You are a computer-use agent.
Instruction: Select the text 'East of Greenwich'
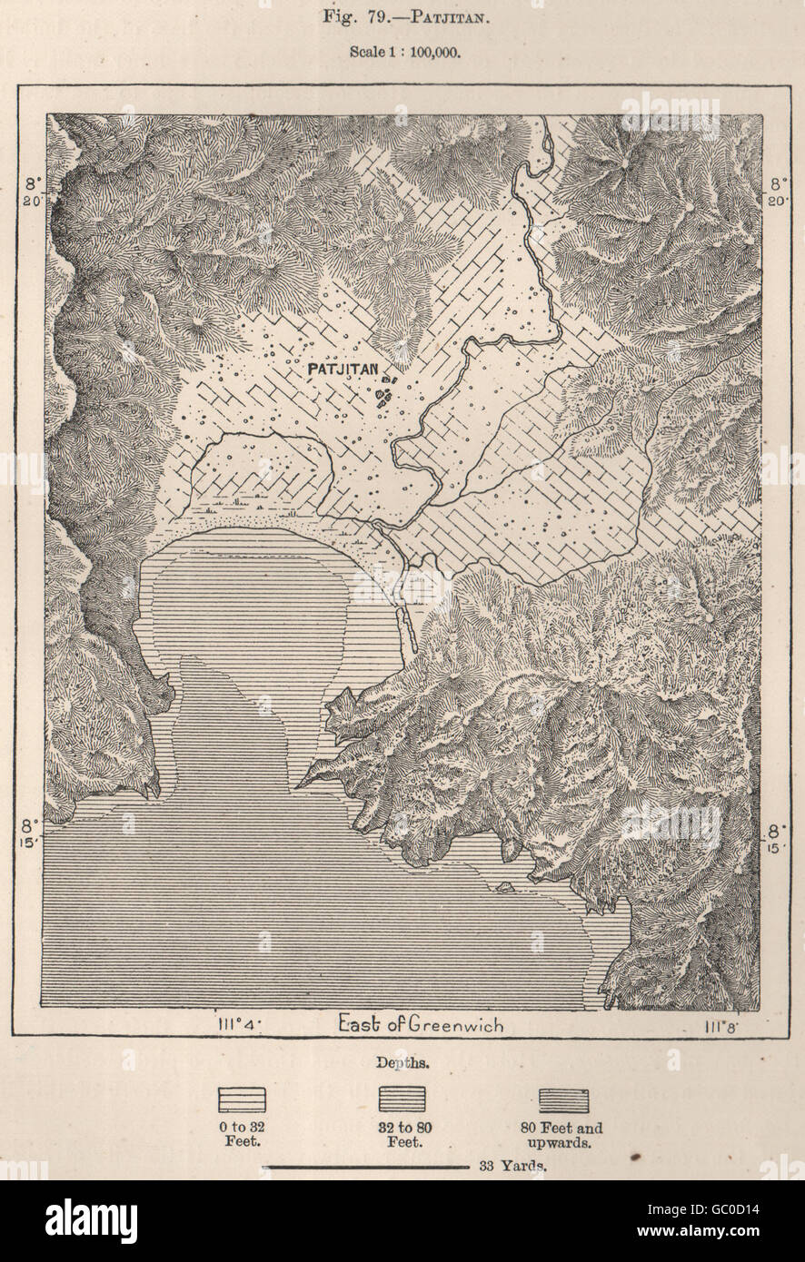tap(421, 1025)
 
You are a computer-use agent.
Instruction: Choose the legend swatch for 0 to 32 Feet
tap(242, 1100)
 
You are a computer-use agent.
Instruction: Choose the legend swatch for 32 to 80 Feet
tap(403, 1100)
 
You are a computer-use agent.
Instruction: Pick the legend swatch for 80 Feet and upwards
tap(564, 1100)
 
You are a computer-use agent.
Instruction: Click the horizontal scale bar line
tap(364, 1166)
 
